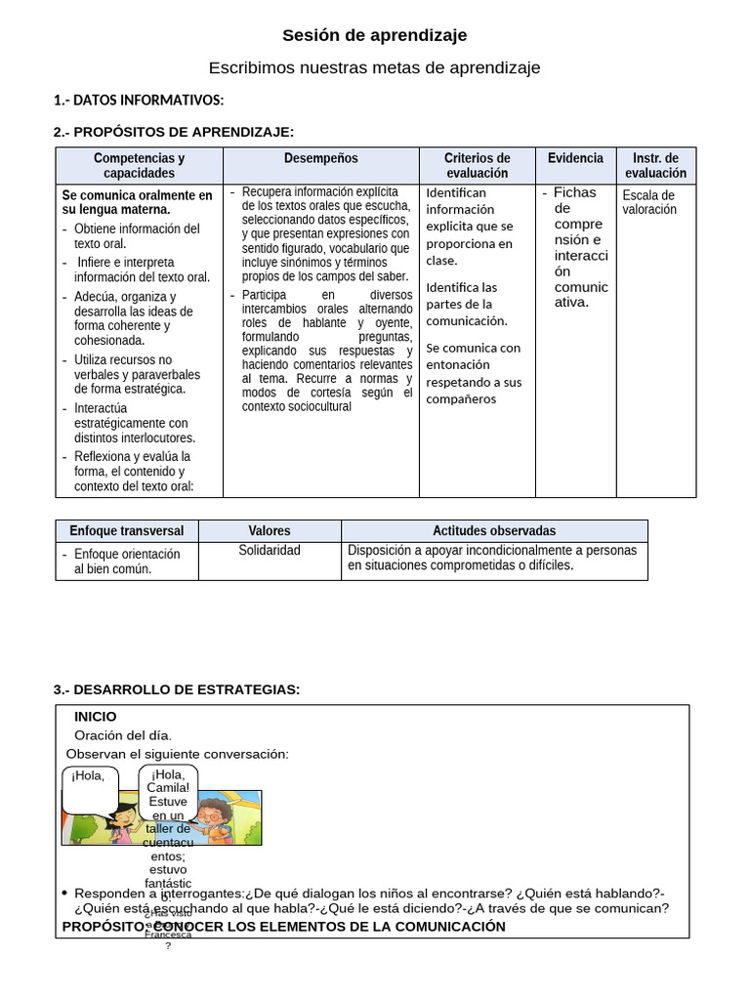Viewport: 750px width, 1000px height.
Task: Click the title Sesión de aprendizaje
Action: [x=375, y=36]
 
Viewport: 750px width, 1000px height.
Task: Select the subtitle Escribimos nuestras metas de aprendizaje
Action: [x=375, y=68]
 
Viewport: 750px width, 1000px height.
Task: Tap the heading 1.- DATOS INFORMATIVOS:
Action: [x=139, y=101]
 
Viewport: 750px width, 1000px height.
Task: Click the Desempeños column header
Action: [x=321, y=158]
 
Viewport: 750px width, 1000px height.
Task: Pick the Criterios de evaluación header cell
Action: [x=477, y=165]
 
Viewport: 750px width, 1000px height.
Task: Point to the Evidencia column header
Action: [x=575, y=158]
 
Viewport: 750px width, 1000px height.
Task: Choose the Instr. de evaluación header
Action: [x=655, y=165]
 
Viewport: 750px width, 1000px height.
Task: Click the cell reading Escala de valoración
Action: [x=649, y=202]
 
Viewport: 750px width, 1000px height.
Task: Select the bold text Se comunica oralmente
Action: [x=137, y=202]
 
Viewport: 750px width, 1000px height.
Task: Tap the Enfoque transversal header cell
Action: [x=127, y=531]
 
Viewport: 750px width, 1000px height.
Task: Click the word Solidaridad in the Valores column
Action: [x=270, y=551]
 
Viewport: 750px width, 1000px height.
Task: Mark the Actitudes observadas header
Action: [x=494, y=531]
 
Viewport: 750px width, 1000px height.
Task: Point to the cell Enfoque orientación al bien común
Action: [x=127, y=562]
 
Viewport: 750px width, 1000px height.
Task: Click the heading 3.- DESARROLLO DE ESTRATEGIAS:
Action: [x=177, y=690]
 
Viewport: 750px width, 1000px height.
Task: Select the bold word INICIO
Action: [x=95, y=717]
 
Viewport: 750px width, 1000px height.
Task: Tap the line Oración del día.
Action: [x=123, y=735]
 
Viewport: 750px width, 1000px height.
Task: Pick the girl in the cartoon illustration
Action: [x=124, y=822]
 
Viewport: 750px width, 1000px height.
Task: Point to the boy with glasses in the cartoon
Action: [x=213, y=820]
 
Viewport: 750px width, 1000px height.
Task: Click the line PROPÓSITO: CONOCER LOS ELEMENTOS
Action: [x=283, y=927]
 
